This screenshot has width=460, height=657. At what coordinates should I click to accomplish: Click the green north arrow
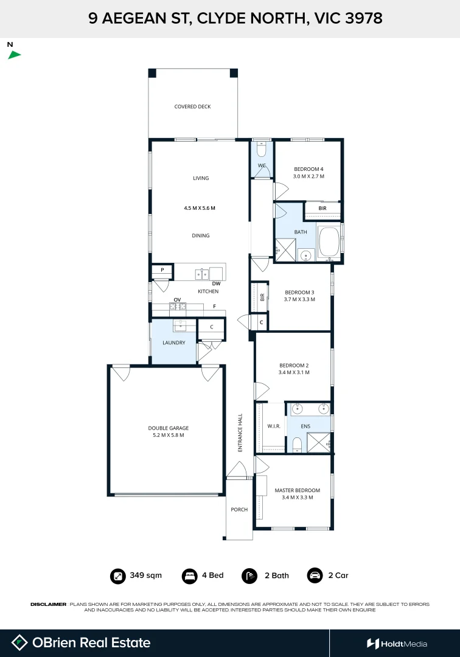click(x=14, y=55)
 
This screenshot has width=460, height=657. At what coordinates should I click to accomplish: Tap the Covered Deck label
click(x=192, y=106)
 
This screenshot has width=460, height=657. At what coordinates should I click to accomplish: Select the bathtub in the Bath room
click(x=329, y=242)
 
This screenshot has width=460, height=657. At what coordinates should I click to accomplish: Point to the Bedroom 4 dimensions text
click(x=308, y=176)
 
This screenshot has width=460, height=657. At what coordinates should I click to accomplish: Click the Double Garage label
click(x=169, y=428)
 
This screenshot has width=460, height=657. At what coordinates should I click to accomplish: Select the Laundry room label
click(x=174, y=342)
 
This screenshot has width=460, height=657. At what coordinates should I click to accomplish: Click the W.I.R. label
click(x=274, y=426)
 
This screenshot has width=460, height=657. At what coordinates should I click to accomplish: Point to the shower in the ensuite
click(x=319, y=442)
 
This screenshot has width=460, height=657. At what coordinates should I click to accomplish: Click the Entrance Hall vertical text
click(x=240, y=433)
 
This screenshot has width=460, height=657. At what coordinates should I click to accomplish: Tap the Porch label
click(x=239, y=510)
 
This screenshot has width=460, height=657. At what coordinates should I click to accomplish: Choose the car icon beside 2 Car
click(x=315, y=575)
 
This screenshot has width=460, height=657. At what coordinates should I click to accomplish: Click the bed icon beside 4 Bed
click(x=189, y=575)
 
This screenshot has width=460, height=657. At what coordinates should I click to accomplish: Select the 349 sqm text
click(x=146, y=575)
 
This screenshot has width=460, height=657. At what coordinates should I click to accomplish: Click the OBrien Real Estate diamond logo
click(x=19, y=643)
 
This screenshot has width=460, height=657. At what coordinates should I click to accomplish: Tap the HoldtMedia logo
click(x=397, y=644)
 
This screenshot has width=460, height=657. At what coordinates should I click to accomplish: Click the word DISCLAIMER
click(x=48, y=604)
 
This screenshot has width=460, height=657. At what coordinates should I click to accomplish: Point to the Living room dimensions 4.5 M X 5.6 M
click(x=200, y=208)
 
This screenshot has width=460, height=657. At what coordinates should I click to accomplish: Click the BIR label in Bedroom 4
click(x=322, y=208)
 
